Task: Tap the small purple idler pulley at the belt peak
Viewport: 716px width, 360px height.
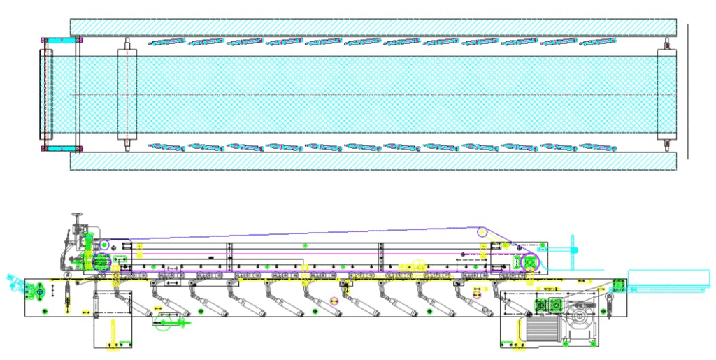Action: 481,231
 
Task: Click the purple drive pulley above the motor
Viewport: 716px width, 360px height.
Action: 530,262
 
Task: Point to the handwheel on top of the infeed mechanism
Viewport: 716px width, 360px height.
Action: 77,217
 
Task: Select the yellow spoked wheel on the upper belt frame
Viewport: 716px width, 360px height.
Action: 418,266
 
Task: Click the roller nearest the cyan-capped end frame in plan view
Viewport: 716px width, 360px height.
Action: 127,94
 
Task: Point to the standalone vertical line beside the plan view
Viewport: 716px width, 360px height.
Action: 688,91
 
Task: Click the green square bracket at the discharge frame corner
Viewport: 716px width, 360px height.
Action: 617,286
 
